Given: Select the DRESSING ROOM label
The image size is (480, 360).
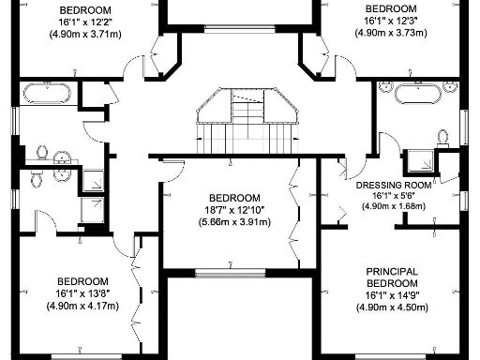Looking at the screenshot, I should point(394,186).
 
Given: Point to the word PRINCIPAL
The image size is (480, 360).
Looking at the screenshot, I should point(393,272).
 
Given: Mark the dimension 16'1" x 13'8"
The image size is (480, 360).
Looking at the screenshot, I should point(82,292).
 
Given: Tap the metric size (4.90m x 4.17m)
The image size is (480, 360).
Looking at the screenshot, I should point(82,305).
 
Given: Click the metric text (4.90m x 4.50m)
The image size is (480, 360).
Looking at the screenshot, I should point(393,307).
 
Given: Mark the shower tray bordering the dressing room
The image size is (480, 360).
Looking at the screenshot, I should point(421,160).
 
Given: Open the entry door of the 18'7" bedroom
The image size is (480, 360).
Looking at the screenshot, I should point(171,169).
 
